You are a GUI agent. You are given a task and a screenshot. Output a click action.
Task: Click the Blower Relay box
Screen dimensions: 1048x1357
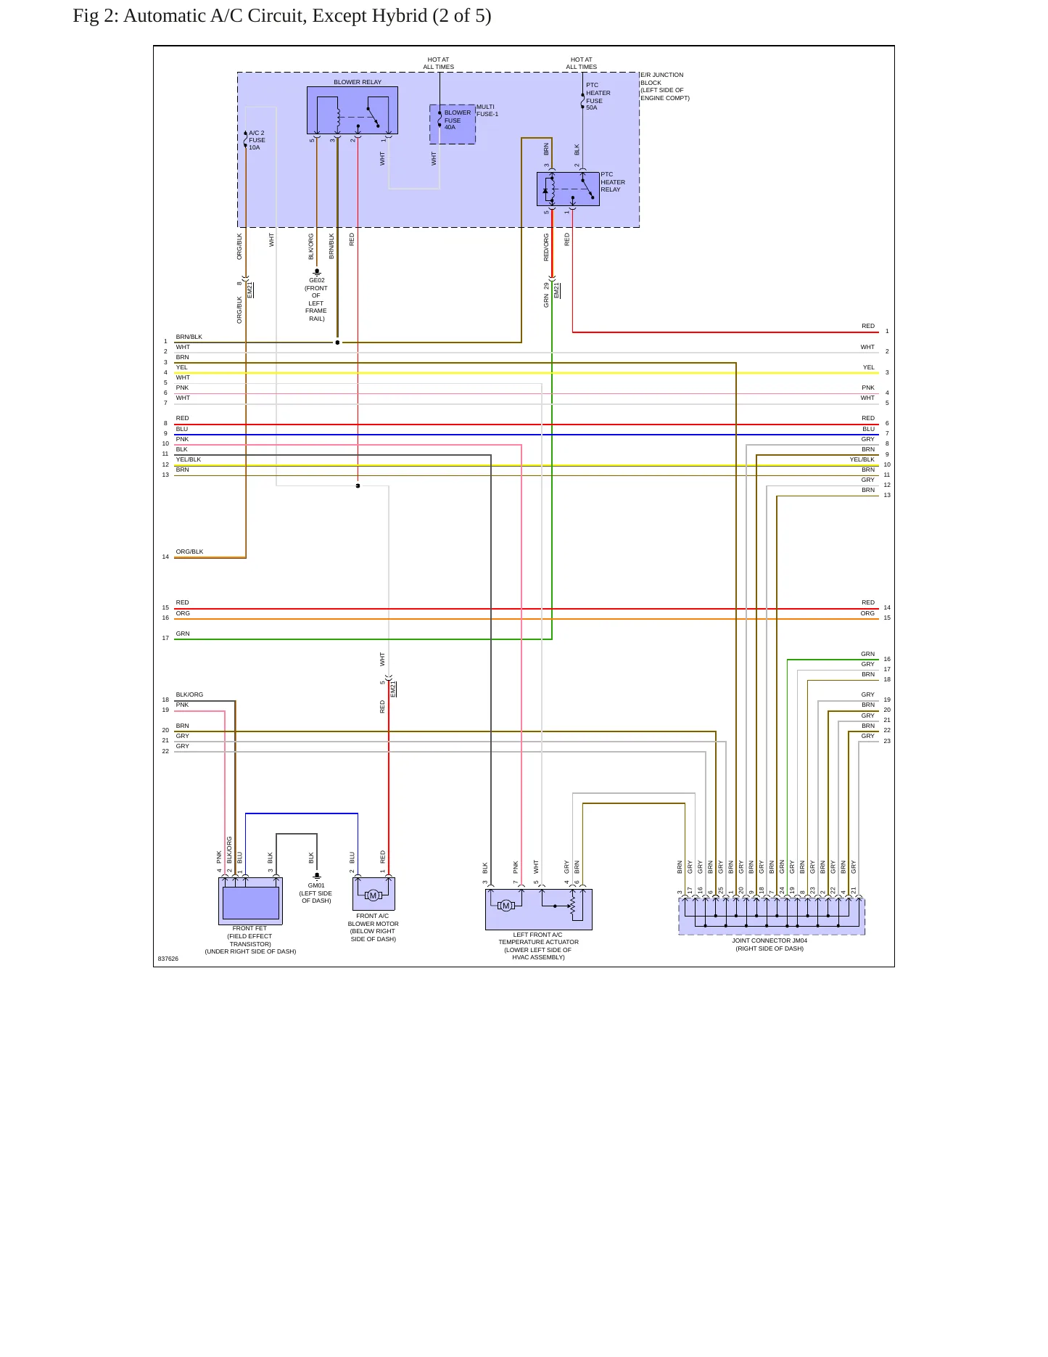pos(352,110)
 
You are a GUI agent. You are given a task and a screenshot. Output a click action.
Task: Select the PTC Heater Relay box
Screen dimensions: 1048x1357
pos(568,189)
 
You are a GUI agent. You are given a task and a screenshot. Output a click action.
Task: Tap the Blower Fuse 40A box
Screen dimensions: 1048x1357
pos(453,124)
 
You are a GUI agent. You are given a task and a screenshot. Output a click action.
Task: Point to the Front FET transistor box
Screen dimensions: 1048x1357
pos(250,901)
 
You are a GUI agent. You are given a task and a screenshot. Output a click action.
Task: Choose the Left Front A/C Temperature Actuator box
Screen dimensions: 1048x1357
pos(538,909)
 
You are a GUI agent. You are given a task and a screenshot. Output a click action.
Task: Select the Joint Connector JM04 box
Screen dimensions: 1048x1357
pos(772,916)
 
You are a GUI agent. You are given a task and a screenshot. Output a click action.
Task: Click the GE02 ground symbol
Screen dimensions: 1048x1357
pos(317,272)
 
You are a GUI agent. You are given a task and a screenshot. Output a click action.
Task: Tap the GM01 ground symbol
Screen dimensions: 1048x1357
pos(317,877)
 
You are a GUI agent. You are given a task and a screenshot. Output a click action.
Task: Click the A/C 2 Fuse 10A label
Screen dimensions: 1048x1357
pos(257,140)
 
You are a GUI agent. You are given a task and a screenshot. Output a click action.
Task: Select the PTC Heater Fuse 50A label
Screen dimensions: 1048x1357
pos(598,97)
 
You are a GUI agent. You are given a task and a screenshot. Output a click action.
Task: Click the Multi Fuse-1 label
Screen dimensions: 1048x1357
pos(487,110)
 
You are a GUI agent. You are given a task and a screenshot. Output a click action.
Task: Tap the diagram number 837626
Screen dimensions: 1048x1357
pos(168,959)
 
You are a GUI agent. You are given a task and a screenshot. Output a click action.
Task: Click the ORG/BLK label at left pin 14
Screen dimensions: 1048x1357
pos(189,552)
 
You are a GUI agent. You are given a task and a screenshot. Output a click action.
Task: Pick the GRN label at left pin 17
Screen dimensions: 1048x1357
pos(183,634)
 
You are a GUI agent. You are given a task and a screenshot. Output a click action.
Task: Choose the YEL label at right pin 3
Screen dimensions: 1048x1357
pos(869,367)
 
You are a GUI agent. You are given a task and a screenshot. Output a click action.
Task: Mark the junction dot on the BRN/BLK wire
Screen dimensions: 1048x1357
pos(337,343)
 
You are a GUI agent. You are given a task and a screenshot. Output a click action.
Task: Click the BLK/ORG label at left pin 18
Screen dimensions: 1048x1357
pos(189,694)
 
